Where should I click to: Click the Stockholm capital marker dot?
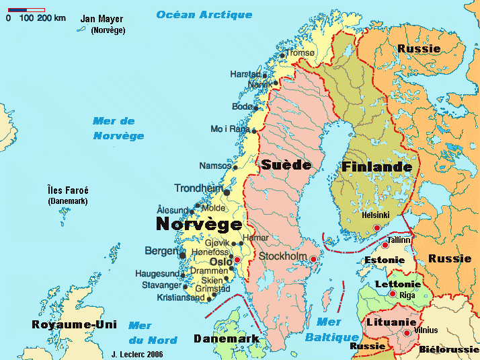[x=313, y=259]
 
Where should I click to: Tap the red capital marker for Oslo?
[x=237, y=260]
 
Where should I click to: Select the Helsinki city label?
[x=376, y=215]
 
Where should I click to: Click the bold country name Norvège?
[x=199, y=224]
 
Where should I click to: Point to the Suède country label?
[x=286, y=165]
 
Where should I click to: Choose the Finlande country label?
[x=376, y=166]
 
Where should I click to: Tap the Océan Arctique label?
[x=204, y=15]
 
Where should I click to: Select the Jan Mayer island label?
[x=102, y=19]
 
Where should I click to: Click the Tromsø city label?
[x=301, y=53]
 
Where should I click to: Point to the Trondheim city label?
[x=198, y=188]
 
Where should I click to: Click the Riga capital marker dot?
[x=393, y=294]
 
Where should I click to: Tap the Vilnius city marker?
[x=407, y=333]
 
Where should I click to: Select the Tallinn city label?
[x=399, y=240]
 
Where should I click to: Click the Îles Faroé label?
[x=68, y=190]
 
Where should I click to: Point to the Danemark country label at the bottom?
[x=227, y=338]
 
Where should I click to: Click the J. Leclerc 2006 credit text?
[x=136, y=353]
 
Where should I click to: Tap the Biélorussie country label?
[x=448, y=350]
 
